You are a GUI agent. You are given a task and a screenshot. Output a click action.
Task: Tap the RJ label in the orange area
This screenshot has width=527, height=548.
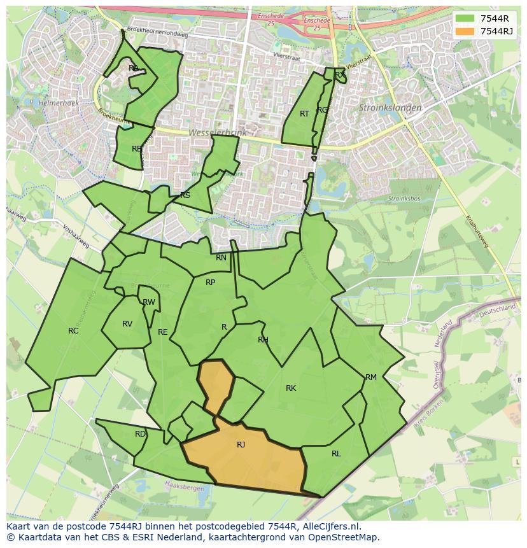[x=241, y=445]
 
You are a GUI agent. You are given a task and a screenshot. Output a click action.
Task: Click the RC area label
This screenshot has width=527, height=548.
[x=73, y=331]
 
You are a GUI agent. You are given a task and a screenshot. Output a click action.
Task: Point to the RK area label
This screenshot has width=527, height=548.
[x=291, y=388]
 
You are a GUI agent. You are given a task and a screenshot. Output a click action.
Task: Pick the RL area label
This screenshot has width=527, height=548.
[x=336, y=454]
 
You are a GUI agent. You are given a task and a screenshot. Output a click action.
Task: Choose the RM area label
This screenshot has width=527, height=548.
[x=371, y=377]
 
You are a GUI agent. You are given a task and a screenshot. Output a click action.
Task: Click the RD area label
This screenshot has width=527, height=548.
[x=140, y=434]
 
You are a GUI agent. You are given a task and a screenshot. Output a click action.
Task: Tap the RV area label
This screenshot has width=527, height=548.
[x=127, y=324]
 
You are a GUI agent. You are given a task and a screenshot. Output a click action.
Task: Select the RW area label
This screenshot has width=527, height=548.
[x=149, y=302]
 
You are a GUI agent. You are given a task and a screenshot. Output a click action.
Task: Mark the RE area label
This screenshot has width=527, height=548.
[x=163, y=332]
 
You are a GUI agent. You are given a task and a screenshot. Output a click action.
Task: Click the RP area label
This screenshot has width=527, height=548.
[x=210, y=283]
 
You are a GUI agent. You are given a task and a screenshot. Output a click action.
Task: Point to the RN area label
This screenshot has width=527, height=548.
[x=221, y=258]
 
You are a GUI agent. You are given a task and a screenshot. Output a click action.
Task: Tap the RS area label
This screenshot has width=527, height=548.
[x=185, y=195]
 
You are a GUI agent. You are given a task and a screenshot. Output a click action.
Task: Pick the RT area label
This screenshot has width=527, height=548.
[x=304, y=114]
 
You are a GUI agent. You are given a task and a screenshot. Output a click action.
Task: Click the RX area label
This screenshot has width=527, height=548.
[x=340, y=75]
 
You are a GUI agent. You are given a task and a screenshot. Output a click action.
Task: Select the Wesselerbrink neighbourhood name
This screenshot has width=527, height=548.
[x=217, y=132]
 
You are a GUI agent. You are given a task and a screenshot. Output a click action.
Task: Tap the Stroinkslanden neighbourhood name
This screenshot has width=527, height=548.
[x=390, y=108]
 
